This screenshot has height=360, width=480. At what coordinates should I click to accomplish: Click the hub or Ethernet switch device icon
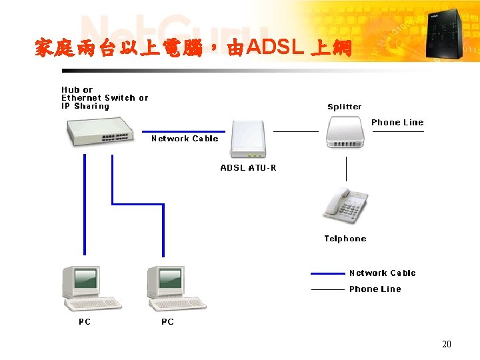[x=100, y=131]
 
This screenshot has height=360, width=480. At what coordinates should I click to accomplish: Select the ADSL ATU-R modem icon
[x=248, y=139]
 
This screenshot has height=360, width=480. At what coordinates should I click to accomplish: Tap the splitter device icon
[x=345, y=132]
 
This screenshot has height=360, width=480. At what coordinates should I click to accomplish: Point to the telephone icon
[x=345, y=206]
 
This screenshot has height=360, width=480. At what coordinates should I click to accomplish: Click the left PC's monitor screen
[x=85, y=278]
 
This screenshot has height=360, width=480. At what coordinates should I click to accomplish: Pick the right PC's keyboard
[x=177, y=304]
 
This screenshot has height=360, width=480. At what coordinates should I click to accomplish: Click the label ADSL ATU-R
[x=248, y=168]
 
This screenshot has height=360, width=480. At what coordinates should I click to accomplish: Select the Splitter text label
[x=345, y=107]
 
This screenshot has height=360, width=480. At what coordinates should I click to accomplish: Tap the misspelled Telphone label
[x=345, y=239]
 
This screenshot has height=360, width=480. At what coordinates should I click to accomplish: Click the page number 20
[x=447, y=344]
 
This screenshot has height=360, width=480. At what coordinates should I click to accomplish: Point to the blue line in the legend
[x=327, y=273]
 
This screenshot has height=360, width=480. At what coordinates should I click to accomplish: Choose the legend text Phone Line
[x=375, y=289]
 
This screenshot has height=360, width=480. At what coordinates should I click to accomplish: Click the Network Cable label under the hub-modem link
[x=185, y=139]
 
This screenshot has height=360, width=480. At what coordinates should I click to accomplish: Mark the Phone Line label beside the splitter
[x=397, y=123]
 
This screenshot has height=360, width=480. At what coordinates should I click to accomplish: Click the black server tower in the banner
[x=444, y=34]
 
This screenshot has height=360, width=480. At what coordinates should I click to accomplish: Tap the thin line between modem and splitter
[x=296, y=131]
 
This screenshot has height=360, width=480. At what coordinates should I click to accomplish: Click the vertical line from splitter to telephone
[x=346, y=169]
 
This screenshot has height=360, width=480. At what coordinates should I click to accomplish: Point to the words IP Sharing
[x=85, y=106]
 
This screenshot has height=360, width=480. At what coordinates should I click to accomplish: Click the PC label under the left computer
[x=85, y=322]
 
